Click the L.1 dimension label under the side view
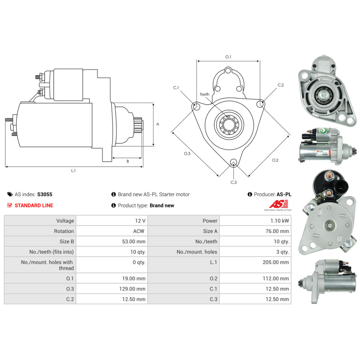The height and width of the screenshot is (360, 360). pos(73,171)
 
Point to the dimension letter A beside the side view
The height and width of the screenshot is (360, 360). pos(158,124)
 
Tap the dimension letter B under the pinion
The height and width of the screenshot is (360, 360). pos(127,161)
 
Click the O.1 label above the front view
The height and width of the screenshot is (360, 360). pos(228,57)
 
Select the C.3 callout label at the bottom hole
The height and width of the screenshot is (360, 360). pos(234,182)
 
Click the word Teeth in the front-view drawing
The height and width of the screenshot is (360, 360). pos(204,94)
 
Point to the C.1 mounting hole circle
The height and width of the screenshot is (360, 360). pos(196,107)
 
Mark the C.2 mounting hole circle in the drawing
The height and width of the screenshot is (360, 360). pos(260,104)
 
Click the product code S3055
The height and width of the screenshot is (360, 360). pos(45,194)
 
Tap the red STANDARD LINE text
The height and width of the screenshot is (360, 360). pos(33,206)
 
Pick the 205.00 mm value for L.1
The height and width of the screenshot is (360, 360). pos(276,262)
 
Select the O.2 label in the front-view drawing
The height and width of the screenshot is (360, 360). pos(275,160)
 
